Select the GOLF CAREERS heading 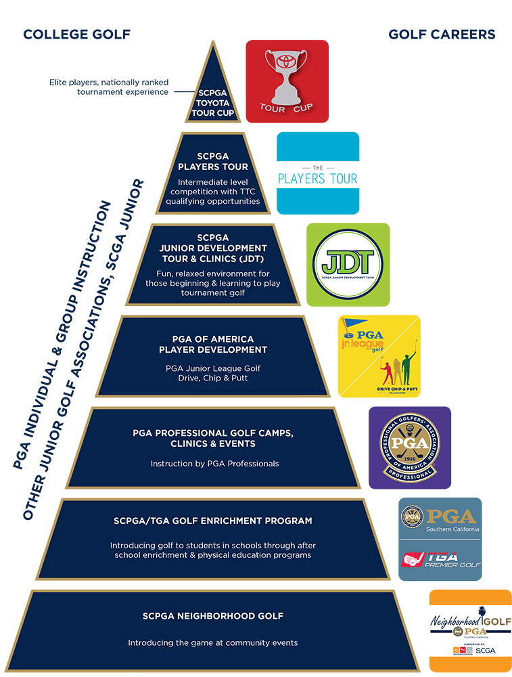442,35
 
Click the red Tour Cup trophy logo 287,81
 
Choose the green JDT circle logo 348,265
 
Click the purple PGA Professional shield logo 409,447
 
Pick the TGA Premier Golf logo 440,559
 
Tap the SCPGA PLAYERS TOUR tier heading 213,162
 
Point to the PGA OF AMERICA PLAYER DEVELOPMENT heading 213,345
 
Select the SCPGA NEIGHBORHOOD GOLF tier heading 213,616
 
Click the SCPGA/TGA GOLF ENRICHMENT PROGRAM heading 213,521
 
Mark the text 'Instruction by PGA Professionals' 213,464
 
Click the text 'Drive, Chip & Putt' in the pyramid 213,378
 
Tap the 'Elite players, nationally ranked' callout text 109,82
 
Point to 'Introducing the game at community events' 213,642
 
